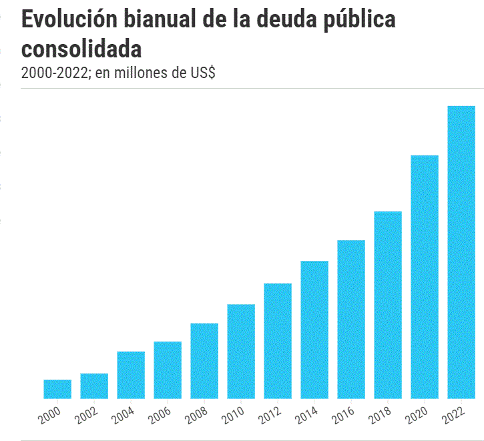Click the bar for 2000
[x=57, y=389]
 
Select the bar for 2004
[x=131, y=375]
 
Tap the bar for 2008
[x=204, y=361]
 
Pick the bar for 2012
[x=278, y=341]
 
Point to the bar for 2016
[x=351, y=319]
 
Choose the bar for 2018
[x=388, y=305]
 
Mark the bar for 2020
[x=425, y=277]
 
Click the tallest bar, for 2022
[x=461, y=252]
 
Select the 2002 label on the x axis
[x=87, y=416]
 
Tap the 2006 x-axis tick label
[x=160, y=416]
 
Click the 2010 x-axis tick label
[x=234, y=416]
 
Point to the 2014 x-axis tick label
[x=307, y=416]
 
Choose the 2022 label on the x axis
[x=454, y=416]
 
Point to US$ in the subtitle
[x=202, y=73]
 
